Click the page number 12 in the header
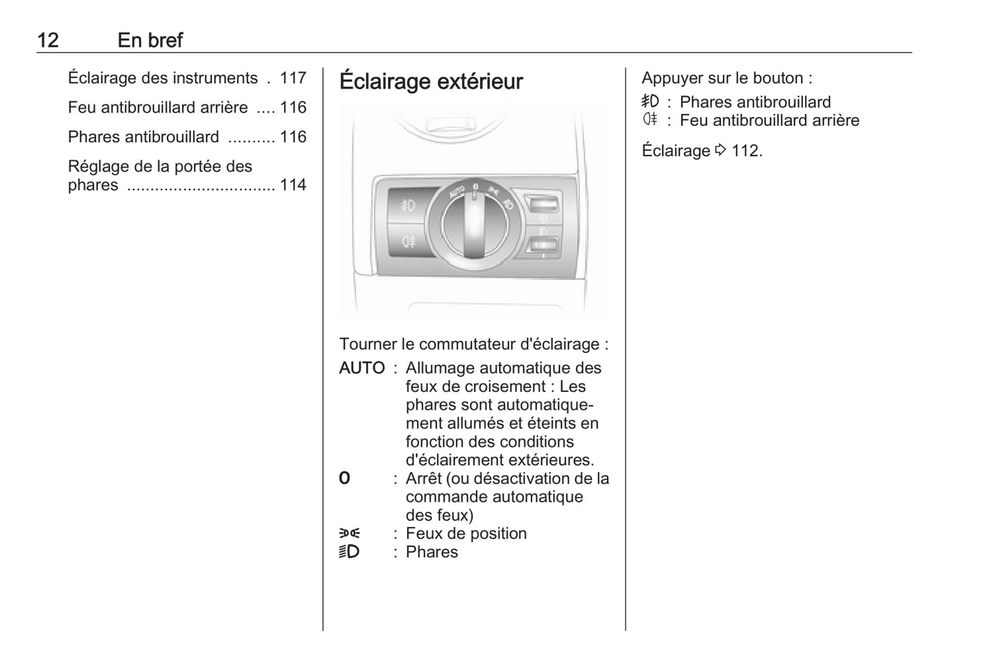[x=48, y=40]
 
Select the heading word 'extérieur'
[x=480, y=82]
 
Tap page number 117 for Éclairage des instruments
[x=293, y=78]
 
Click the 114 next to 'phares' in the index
[x=293, y=185]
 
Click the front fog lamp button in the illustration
[x=408, y=206]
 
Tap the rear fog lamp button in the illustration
[x=408, y=241]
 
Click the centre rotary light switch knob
[x=474, y=226]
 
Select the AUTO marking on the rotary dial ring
[x=457, y=191]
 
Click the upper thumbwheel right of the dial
[x=542, y=205]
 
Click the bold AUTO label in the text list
[x=361, y=368]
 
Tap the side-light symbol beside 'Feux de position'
[x=350, y=533]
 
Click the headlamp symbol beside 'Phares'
[x=349, y=552]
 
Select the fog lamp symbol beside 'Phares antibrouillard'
[x=650, y=102]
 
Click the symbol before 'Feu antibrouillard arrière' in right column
[x=650, y=119]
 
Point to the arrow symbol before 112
[x=721, y=150]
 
